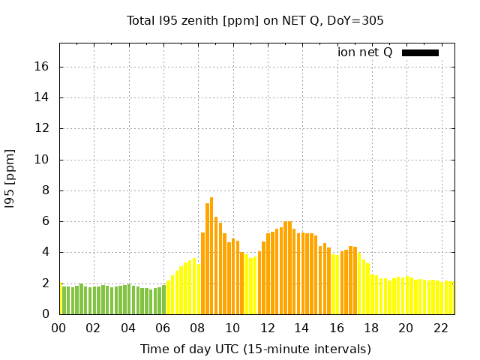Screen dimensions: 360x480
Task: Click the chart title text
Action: [255, 20]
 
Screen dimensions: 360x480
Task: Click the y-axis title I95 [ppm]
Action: [10, 178]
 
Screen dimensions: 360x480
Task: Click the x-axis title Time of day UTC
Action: [255, 349]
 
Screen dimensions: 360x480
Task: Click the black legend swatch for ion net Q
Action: [420, 52]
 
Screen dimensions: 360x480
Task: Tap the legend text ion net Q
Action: [365, 52]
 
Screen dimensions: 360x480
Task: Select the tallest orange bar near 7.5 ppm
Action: [211, 255]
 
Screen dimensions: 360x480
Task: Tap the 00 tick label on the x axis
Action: [59, 328]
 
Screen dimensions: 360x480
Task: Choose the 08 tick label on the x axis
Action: [198, 328]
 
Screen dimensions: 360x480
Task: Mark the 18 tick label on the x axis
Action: [371, 328]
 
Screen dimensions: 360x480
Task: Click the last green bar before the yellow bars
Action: [163, 300]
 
